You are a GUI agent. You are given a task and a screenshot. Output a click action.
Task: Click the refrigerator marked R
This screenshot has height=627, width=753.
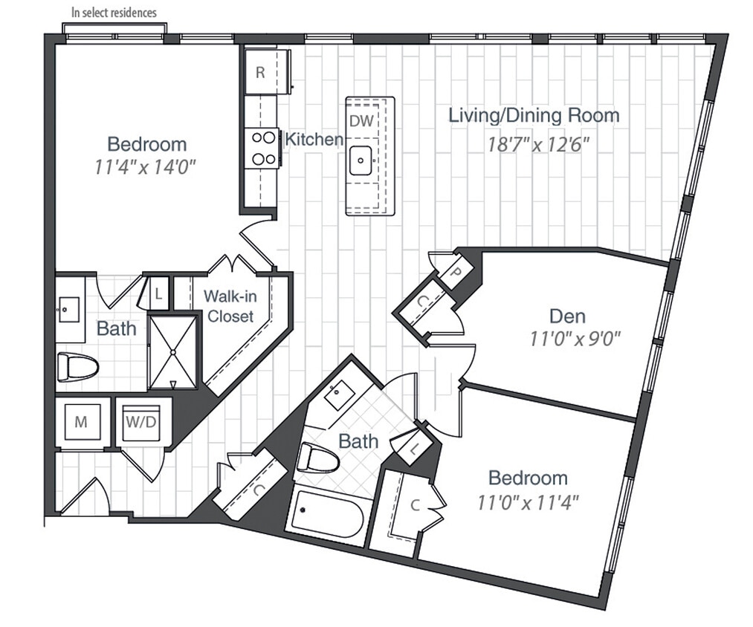point(261,72)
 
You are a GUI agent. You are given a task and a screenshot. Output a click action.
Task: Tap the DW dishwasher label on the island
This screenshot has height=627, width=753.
point(363,120)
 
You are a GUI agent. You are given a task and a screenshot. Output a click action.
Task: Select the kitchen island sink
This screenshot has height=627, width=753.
point(363,159)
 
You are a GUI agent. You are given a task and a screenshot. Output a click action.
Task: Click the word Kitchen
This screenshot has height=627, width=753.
point(314,139)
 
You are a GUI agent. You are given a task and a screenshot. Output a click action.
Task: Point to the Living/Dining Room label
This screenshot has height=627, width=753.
point(533,116)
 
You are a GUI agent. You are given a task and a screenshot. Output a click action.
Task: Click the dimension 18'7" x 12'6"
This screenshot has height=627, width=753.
point(533,143)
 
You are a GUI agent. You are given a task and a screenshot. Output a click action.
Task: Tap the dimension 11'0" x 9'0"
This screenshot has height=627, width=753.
point(574,340)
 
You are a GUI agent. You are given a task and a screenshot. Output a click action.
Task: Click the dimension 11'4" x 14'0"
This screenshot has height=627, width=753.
point(146,167)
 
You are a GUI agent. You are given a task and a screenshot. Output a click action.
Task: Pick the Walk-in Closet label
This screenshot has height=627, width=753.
point(230,306)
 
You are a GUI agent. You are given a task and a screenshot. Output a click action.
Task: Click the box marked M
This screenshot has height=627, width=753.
point(82,423)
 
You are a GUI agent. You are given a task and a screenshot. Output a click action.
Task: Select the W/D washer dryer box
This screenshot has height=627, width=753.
point(140,423)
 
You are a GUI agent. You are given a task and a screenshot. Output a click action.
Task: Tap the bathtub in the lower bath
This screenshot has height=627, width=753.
point(327,516)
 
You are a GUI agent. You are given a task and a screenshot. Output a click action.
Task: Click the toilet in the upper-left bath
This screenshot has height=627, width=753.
point(78,366)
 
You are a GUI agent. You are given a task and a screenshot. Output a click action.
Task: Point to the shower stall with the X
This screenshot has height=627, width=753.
point(172,351)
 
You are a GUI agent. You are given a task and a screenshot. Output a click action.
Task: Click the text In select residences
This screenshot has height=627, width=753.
point(114,13)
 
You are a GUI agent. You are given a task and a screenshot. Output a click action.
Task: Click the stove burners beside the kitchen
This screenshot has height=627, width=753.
point(262,147)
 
